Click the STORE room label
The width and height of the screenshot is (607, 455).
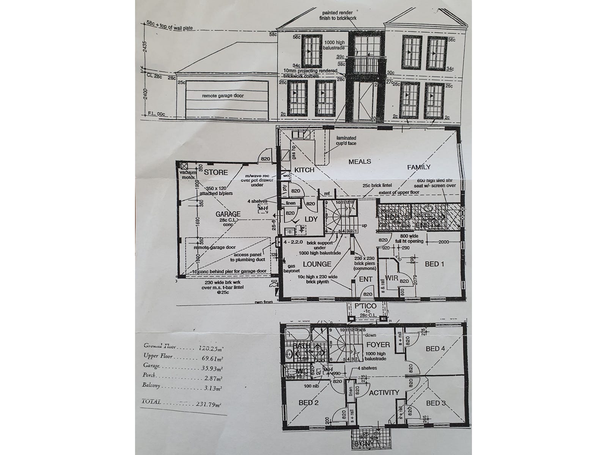point(216,173)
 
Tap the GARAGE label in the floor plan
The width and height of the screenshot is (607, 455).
point(228,214)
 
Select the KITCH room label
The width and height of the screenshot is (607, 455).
point(304,170)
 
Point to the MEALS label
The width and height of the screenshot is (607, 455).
point(360,162)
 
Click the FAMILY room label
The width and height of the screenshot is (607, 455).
point(418,167)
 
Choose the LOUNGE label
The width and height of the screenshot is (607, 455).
point(317,264)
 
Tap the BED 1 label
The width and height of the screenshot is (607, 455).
point(434,264)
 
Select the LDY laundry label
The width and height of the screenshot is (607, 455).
point(311,220)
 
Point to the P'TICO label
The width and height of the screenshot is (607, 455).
point(366,306)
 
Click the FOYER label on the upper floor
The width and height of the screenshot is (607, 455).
point(378,345)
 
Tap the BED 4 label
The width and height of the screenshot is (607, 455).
point(435,349)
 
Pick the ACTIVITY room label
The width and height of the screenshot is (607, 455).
point(384,392)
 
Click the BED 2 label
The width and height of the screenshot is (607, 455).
point(308,403)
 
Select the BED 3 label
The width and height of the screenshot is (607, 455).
point(436,403)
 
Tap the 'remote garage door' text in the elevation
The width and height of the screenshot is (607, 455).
point(217,96)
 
